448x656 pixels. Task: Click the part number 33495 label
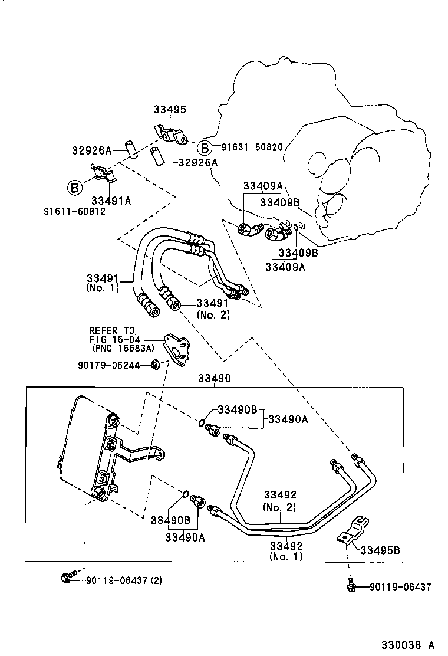170,109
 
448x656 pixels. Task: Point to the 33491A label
111,201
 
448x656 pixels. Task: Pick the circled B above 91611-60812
75,188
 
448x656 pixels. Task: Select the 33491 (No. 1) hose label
103,283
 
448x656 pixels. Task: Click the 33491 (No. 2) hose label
213,309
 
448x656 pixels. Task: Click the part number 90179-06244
108,365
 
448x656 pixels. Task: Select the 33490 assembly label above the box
214,378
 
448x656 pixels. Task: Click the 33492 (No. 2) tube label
279,500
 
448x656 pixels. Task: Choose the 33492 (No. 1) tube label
286,551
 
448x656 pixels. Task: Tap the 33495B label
380,550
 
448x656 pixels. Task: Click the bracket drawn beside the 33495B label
353,532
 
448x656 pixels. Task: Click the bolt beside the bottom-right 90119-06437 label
351,586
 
